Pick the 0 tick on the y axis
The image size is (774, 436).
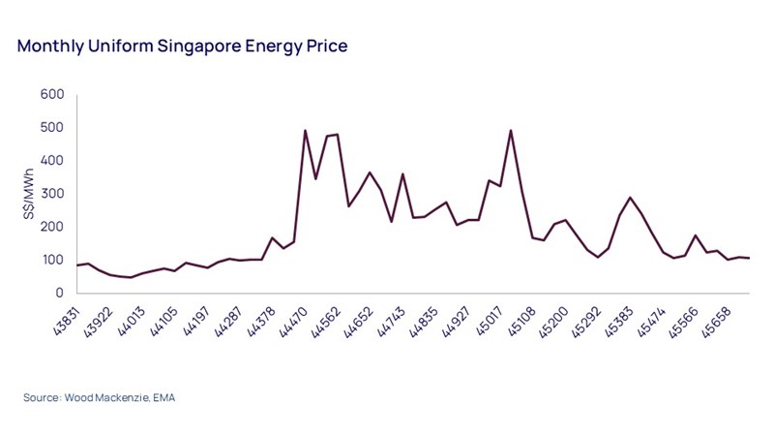pyautogui.click(x=59, y=293)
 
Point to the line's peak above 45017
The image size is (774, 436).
pyautogui.click(x=510, y=131)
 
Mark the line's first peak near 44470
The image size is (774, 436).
pyautogui.click(x=306, y=131)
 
